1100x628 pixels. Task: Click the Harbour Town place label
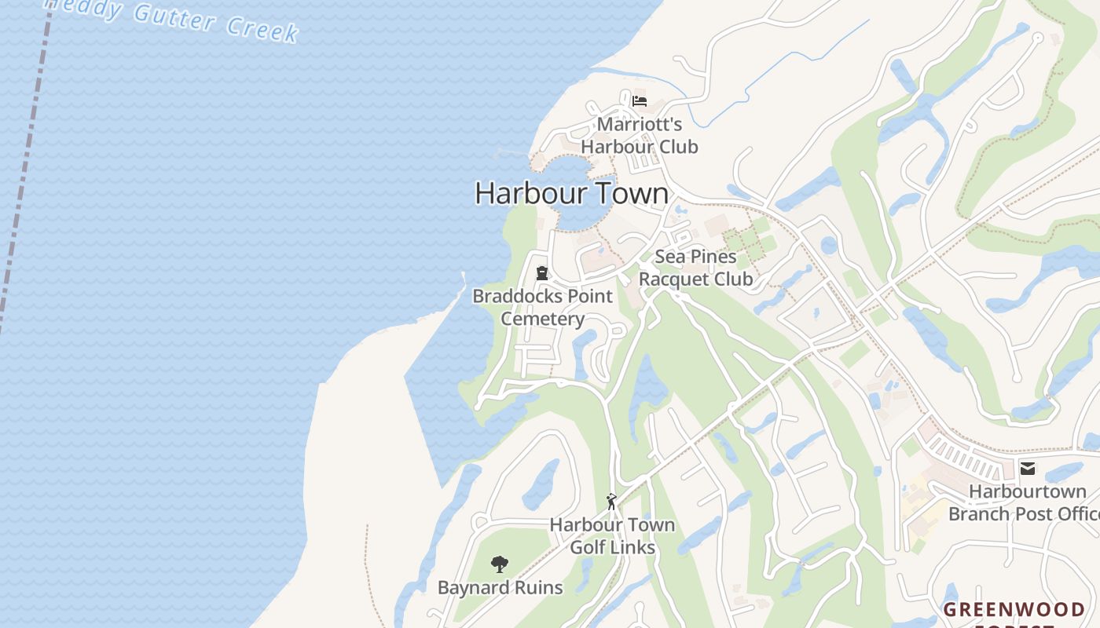click(571, 193)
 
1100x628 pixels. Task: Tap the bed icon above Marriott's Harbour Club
click(640, 101)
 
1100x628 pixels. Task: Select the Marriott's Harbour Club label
click(639, 135)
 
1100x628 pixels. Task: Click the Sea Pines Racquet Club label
click(695, 268)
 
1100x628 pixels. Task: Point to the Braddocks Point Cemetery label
click(542, 307)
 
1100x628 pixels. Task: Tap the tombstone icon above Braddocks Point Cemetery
click(541, 273)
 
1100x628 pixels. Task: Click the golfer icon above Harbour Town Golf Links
click(611, 501)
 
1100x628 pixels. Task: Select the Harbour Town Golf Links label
click(612, 535)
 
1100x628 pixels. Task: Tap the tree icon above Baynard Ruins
click(499, 564)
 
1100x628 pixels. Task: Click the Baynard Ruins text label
click(500, 587)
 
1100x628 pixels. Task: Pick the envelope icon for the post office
click(1027, 469)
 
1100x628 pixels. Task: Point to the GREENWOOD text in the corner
click(1014, 609)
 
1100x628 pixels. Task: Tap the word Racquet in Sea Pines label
click(668, 279)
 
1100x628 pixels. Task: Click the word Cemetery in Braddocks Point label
click(542, 319)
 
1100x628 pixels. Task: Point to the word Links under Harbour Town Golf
click(634, 547)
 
